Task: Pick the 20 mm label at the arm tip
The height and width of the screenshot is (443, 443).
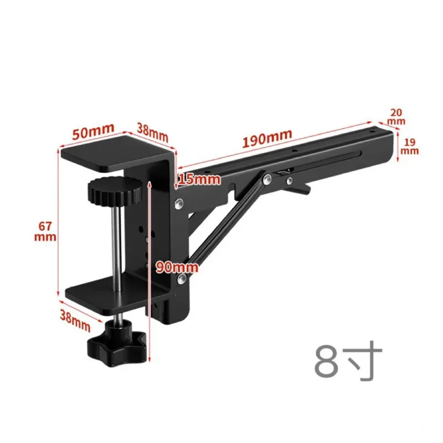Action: (396, 116)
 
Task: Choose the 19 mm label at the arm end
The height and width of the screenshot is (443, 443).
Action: (410, 146)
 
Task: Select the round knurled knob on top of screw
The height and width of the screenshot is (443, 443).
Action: (114, 194)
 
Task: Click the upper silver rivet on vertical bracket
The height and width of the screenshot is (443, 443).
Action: (178, 203)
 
